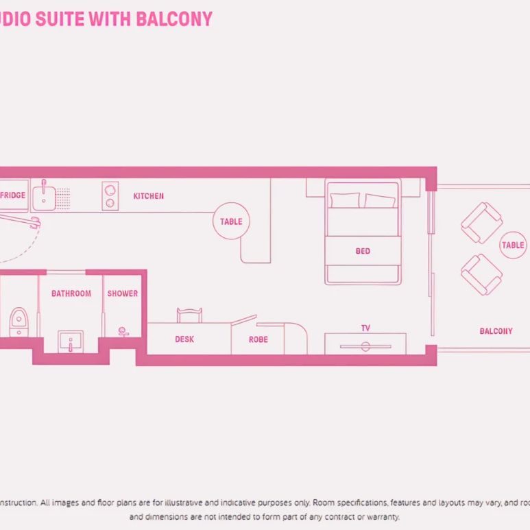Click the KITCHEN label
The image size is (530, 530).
[148, 196]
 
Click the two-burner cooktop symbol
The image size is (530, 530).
[110, 196]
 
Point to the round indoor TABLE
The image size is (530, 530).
[231, 221]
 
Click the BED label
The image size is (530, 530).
[363, 251]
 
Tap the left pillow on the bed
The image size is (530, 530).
[344, 200]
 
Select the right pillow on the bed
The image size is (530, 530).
[379, 201]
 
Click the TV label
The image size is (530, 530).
[365, 328]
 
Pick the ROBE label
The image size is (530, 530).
[258, 339]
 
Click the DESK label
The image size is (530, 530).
[184, 339]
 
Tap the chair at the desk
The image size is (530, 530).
[189, 315]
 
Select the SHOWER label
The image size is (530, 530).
[122, 293]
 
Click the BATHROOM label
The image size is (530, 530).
[71, 293]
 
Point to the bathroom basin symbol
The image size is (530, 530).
[70, 340]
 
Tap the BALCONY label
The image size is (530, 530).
[496, 331]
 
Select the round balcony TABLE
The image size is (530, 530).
[512, 245]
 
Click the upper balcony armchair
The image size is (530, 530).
[481, 223]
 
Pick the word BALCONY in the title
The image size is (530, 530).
[174, 19]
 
